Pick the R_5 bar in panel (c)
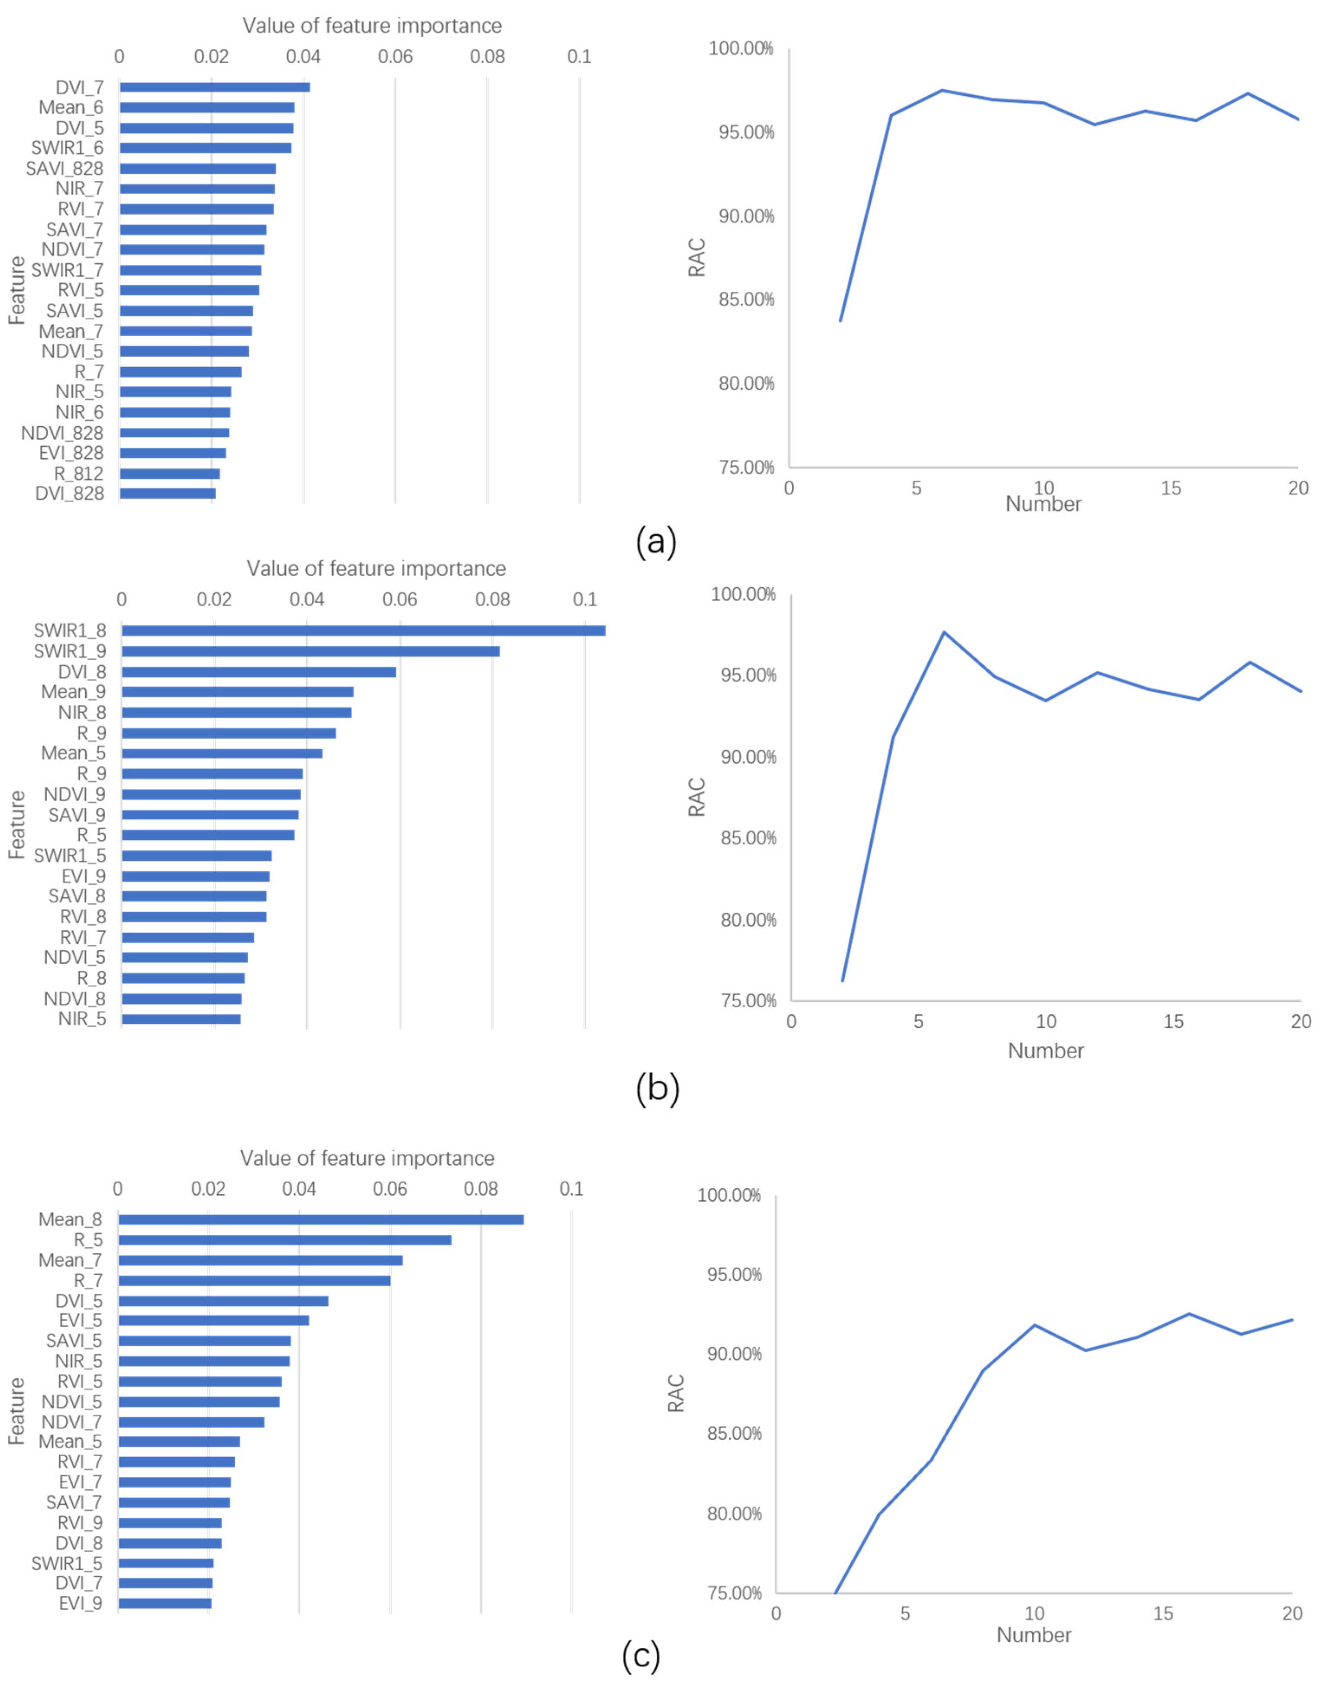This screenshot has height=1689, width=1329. point(284,1240)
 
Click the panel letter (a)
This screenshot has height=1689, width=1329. point(656,541)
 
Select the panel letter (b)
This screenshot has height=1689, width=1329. point(658,1088)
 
